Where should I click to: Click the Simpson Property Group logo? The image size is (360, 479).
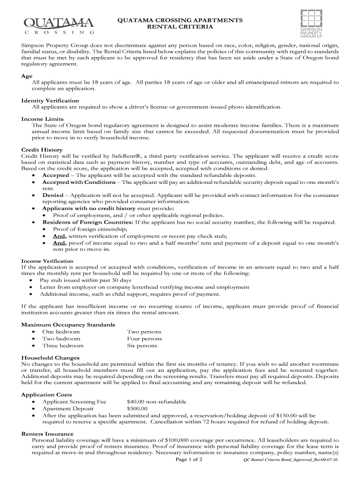click(x=311, y=23)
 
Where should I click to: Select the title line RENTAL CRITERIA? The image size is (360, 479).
click(x=180, y=27)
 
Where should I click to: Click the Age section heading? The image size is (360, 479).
click(x=27, y=76)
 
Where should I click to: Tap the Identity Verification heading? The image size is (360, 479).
click(x=50, y=101)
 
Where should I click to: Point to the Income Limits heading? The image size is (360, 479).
click(x=42, y=119)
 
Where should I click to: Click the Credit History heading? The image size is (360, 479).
click(x=42, y=150)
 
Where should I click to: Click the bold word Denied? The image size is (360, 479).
click(x=53, y=195)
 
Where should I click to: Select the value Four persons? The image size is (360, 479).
click(x=144, y=338)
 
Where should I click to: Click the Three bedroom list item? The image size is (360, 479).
click(x=63, y=346)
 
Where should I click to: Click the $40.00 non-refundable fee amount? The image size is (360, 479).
click(x=157, y=401)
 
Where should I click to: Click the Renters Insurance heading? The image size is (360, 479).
click(x=47, y=434)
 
